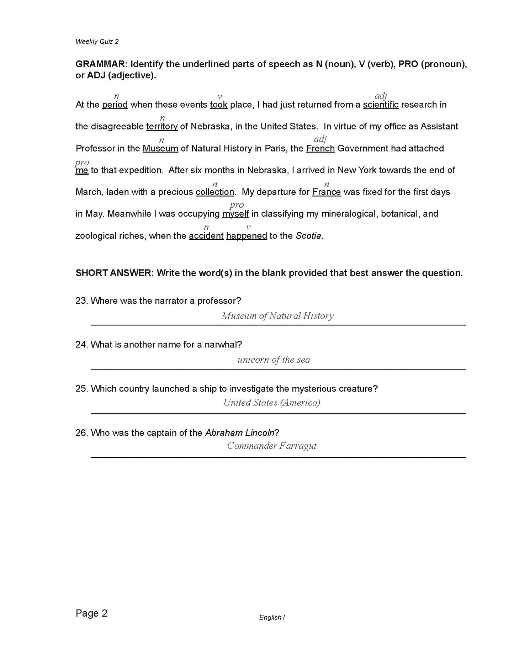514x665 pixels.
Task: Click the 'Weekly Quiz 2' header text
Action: pyautogui.click(x=97, y=42)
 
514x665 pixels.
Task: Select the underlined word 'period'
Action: pyautogui.click(x=115, y=105)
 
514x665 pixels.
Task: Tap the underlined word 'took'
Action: pyautogui.click(x=218, y=105)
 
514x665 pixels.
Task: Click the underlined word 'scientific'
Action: pyautogui.click(x=381, y=105)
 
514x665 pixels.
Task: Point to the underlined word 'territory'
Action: pyautogui.click(x=162, y=127)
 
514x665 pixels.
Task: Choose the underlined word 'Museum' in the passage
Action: pyautogui.click(x=160, y=149)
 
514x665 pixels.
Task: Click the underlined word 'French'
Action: pyautogui.click(x=320, y=149)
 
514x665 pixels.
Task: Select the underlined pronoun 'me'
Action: pyautogui.click(x=82, y=170)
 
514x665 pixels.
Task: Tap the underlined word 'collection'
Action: pyautogui.click(x=215, y=192)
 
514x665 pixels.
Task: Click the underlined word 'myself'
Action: pyautogui.click(x=235, y=214)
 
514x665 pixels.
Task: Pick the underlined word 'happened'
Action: pyautogui.click(x=247, y=236)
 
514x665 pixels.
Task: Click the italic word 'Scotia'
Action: pyautogui.click(x=308, y=236)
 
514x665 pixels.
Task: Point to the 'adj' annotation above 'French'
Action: pyautogui.click(x=320, y=139)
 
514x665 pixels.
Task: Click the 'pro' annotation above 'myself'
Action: pyautogui.click(x=237, y=205)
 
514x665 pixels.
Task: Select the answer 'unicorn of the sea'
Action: pyautogui.click(x=274, y=360)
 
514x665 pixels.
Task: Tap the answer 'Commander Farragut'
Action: pyautogui.click(x=272, y=446)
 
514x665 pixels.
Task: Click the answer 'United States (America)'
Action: pyautogui.click(x=272, y=403)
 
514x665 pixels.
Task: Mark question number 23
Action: pyautogui.click(x=81, y=301)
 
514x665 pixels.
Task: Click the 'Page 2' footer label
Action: pyautogui.click(x=91, y=613)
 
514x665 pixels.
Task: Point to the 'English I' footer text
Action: pyautogui.click(x=272, y=618)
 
